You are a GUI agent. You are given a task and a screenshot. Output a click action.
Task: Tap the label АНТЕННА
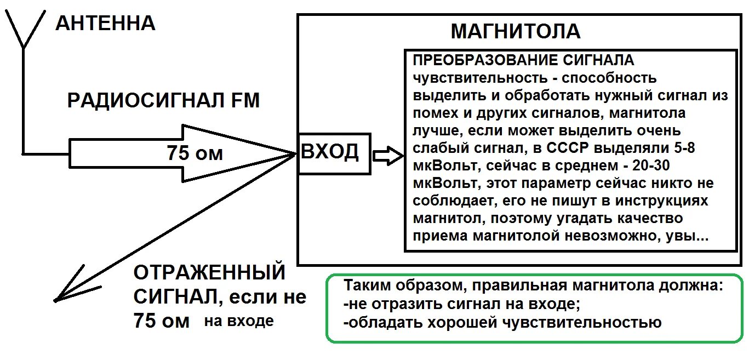105,24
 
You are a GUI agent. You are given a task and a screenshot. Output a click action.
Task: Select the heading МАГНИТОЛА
515,31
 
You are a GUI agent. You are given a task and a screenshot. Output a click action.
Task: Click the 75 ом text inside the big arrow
195,153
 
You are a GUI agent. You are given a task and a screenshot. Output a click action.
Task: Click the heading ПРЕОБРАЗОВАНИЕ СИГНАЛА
523,60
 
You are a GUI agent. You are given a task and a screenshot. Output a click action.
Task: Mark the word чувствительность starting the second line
462,78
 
